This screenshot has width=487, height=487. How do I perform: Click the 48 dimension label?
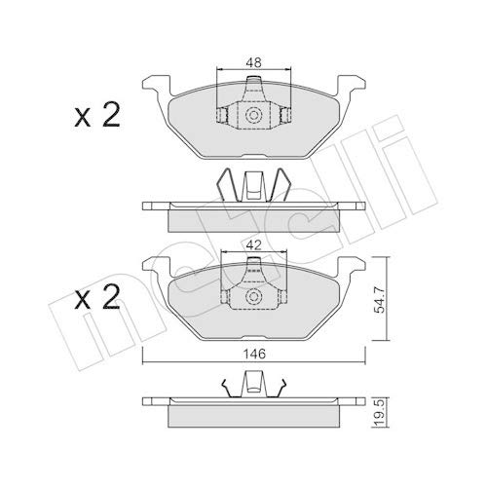click(x=253, y=63)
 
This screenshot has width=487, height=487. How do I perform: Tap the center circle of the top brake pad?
click(x=253, y=115)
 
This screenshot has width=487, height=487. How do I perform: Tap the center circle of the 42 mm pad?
click(x=253, y=298)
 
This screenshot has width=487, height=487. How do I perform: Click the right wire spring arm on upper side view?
click(x=283, y=187)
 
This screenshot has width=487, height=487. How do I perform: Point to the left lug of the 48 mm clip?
click(x=221, y=116)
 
